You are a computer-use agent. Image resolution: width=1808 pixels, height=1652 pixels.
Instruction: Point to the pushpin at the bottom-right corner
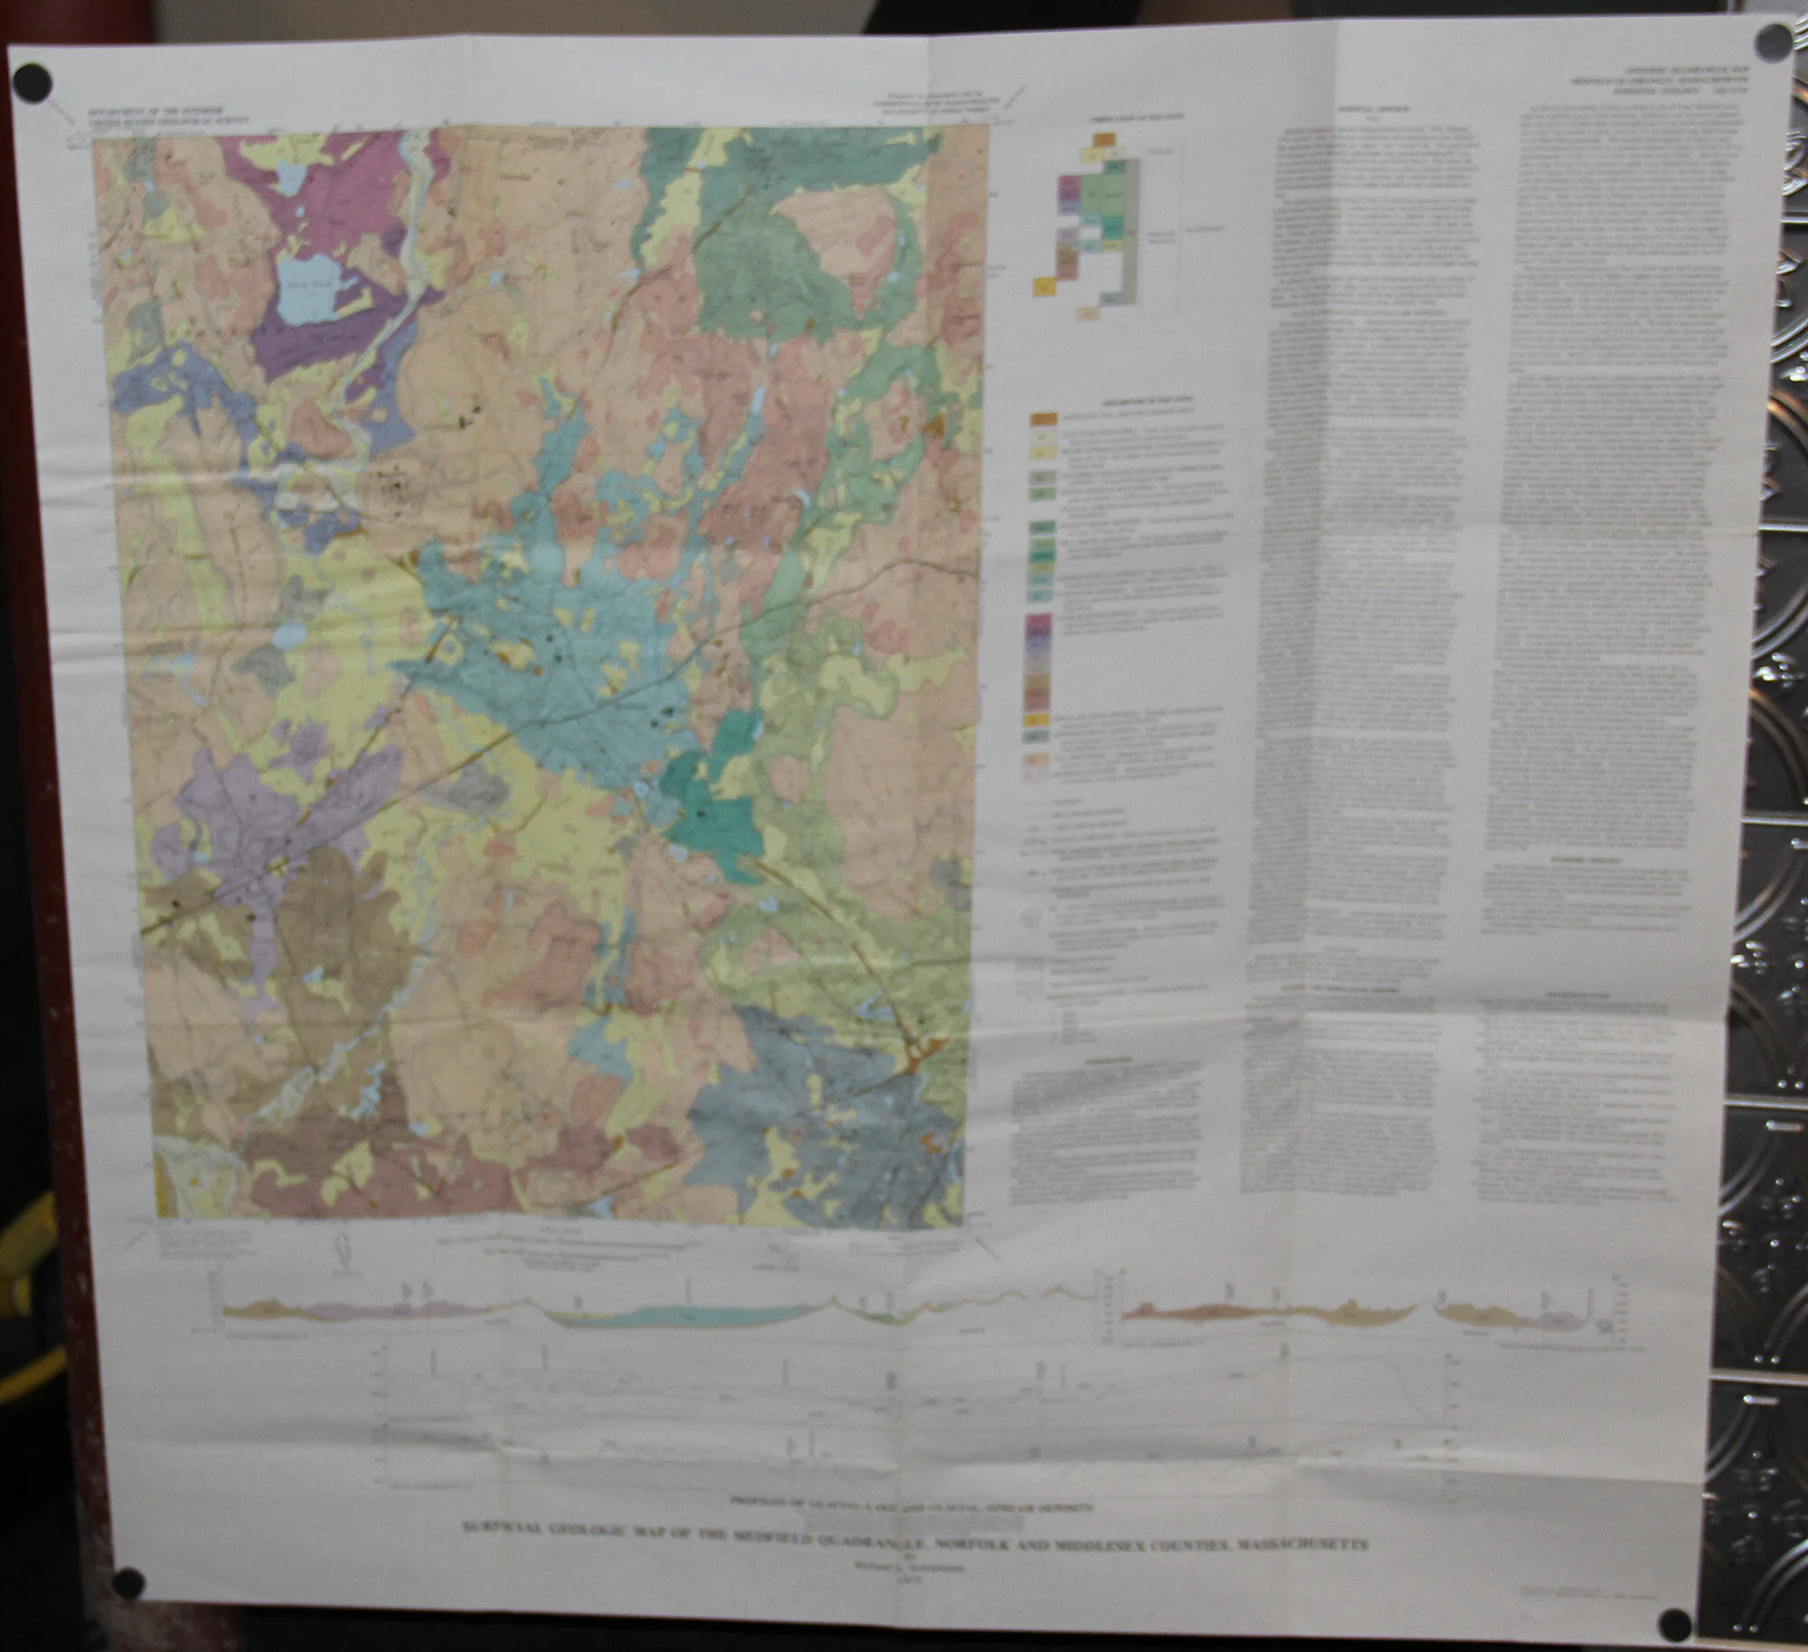tap(1676, 1623)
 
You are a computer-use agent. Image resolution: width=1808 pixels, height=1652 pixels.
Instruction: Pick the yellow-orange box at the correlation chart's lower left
tap(1045, 286)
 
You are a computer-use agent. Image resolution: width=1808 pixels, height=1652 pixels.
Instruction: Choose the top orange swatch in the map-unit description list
tap(1046, 419)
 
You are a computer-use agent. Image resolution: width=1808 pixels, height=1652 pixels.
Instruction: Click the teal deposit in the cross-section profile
tap(687, 1312)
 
